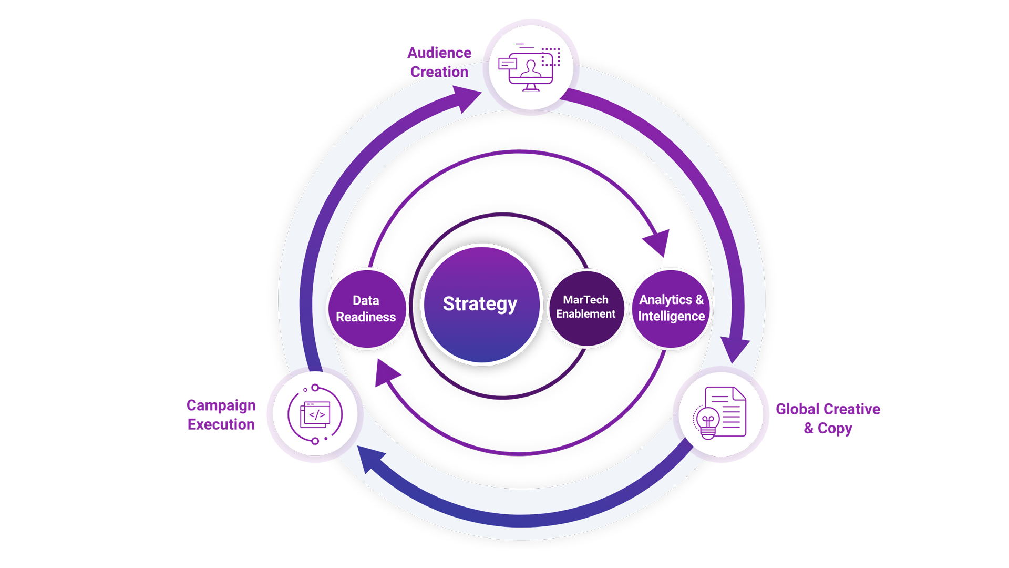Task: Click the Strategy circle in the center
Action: coord(481,304)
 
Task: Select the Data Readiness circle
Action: coord(367,309)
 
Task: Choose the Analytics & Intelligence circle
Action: coord(671,308)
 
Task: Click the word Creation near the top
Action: coord(439,72)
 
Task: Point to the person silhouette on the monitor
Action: coord(531,69)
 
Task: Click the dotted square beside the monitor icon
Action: coord(551,57)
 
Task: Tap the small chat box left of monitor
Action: coord(507,64)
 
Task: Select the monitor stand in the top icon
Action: coord(531,88)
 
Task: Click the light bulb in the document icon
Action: coord(708,422)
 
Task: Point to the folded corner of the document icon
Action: coord(739,393)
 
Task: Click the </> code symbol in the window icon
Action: coord(317,415)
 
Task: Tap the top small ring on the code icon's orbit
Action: coord(315,388)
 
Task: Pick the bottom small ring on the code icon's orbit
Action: coord(315,441)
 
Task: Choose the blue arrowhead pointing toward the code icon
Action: coord(369,459)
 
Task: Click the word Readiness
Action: coord(366,317)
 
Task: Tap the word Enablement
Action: coord(585,314)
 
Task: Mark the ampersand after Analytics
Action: coord(699,300)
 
